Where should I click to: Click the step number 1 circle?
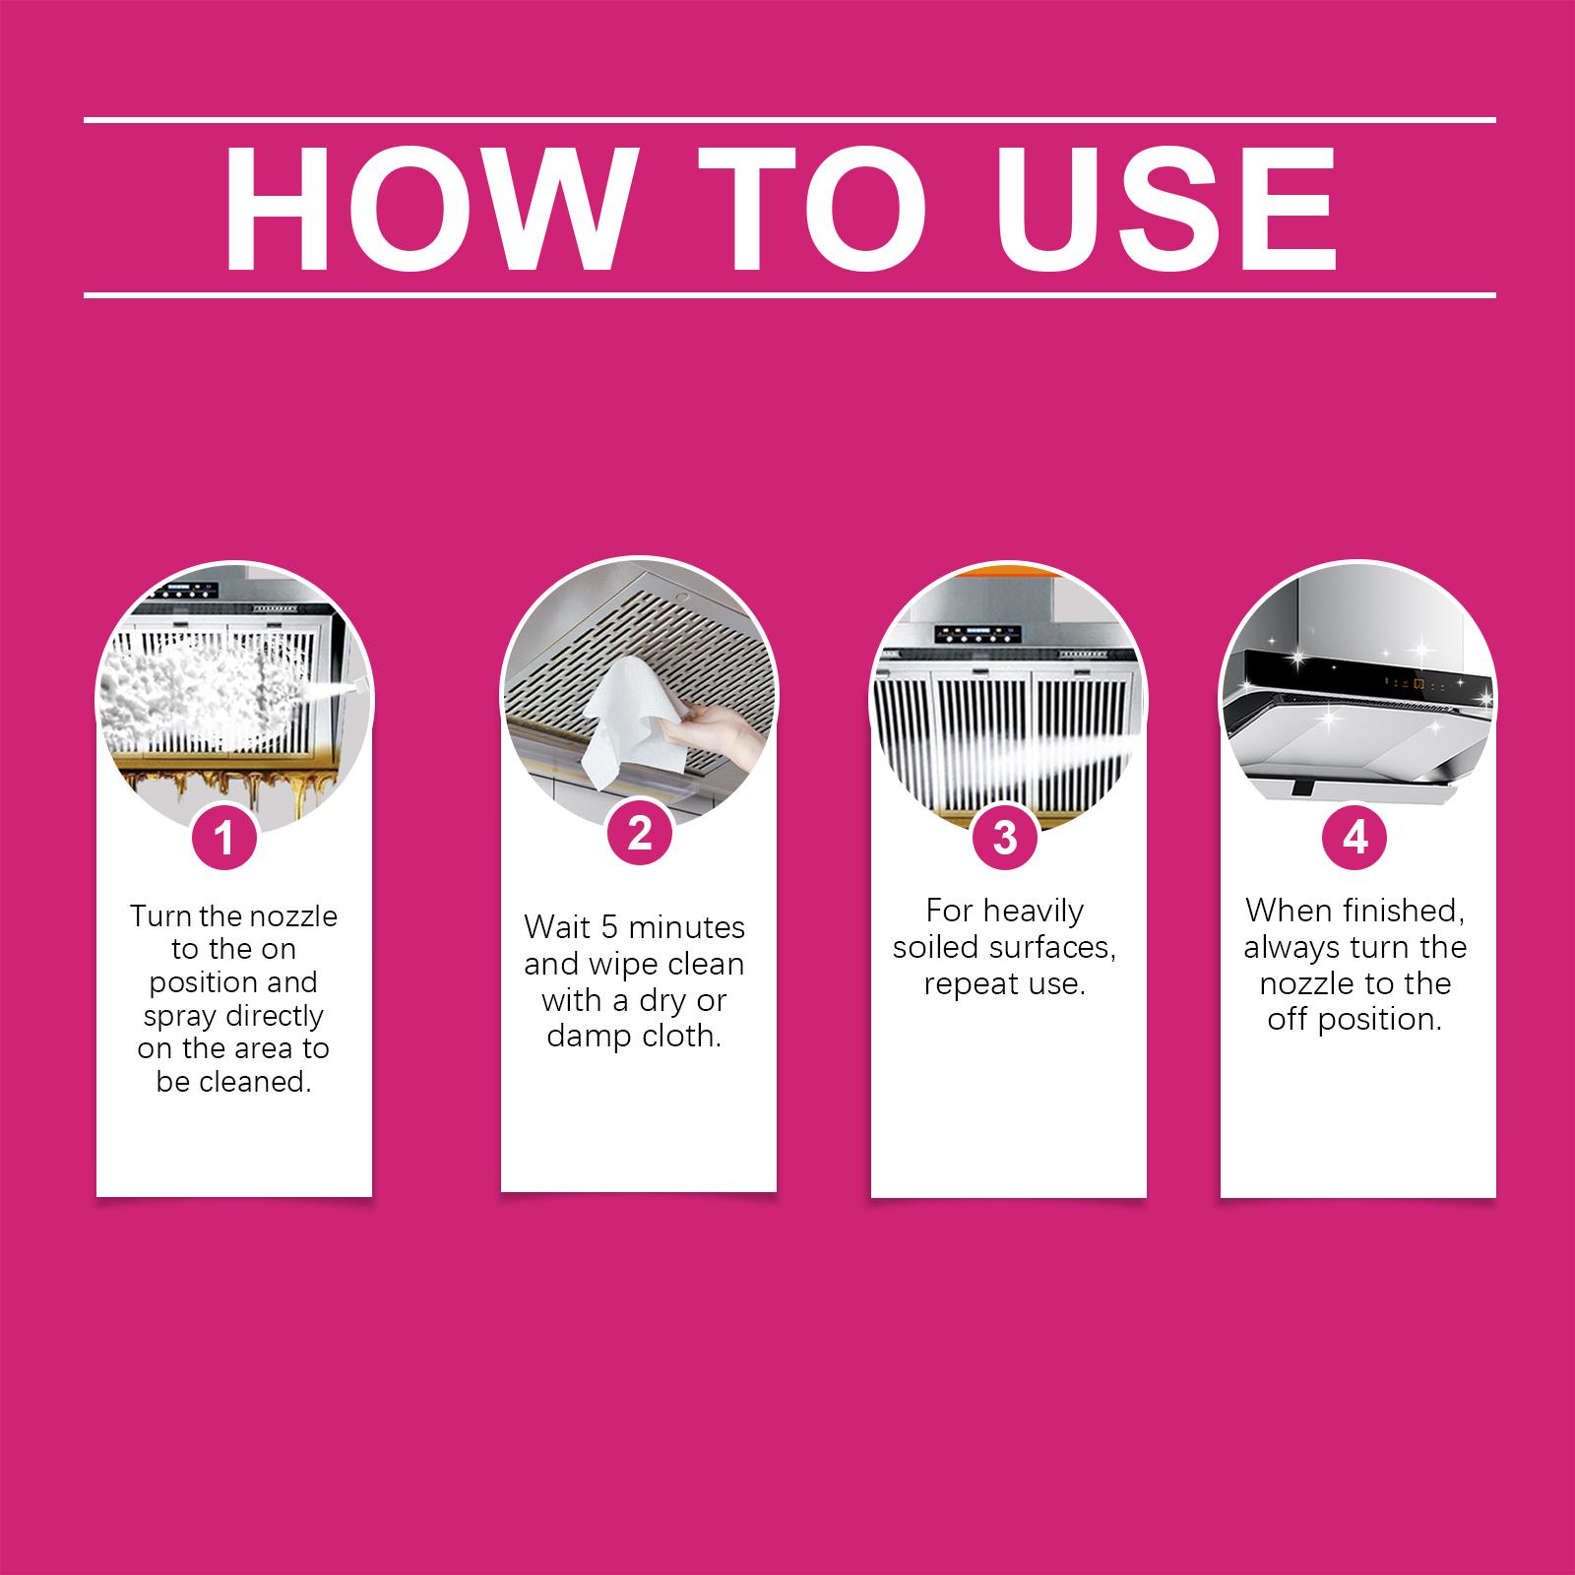[224, 838]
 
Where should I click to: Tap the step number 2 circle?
[639, 833]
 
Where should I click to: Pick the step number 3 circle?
[1004, 838]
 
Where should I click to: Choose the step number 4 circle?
[1355, 838]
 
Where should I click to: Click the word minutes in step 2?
[686, 927]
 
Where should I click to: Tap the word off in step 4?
[1286, 1019]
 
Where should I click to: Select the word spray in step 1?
[178, 1017]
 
